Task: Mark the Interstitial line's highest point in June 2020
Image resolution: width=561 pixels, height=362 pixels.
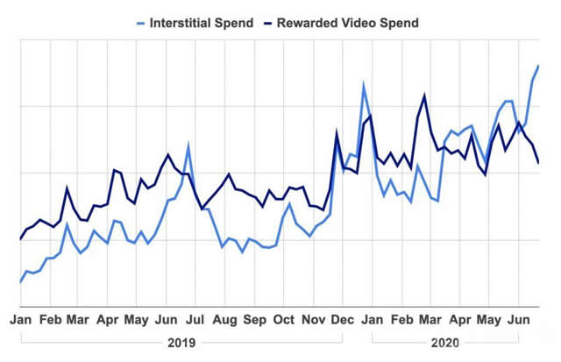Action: (x=538, y=65)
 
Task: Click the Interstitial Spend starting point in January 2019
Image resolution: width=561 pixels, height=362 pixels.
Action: (x=20, y=282)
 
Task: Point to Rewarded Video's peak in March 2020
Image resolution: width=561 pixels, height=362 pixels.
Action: (x=425, y=96)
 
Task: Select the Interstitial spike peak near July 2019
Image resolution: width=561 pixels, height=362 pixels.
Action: (x=188, y=145)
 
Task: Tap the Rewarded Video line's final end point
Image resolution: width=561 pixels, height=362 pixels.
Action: (x=538, y=162)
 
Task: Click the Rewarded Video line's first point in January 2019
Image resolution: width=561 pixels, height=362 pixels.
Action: (x=20, y=238)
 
